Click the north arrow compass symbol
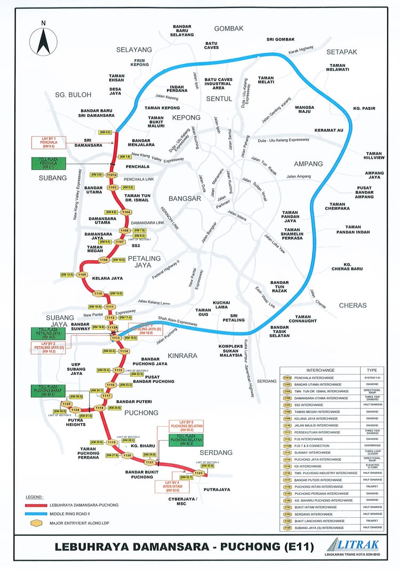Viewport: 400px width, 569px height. point(43,40)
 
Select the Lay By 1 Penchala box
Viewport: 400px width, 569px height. point(49,142)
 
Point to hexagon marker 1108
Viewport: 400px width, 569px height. point(103,260)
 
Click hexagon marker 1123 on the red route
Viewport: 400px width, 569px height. point(199,473)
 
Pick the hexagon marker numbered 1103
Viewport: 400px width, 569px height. point(113,188)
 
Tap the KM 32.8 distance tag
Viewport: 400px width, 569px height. point(206,466)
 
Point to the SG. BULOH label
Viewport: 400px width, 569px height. point(73,94)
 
